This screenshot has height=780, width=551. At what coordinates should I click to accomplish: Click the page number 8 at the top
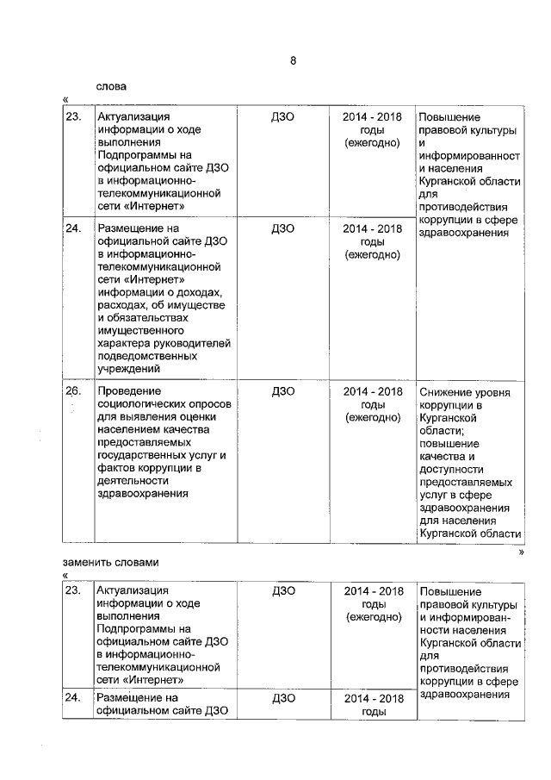[x=293, y=60]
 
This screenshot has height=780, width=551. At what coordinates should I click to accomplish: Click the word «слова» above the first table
[x=111, y=86]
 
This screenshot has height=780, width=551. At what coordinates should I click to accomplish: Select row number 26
[x=73, y=391]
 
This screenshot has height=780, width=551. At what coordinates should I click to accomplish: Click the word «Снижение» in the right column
[x=443, y=392]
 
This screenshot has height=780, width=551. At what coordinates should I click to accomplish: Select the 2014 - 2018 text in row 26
[x=372, y=391]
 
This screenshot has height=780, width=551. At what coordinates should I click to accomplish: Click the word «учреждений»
[x=127, y=369]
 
